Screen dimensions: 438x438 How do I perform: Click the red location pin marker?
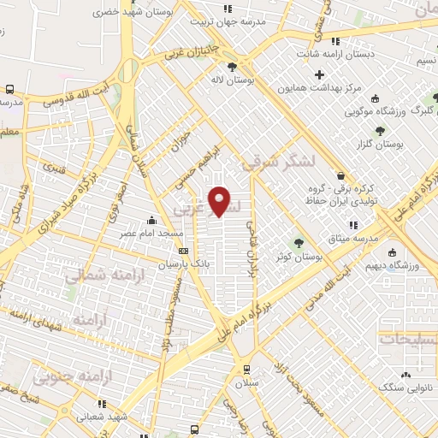click(221, 201)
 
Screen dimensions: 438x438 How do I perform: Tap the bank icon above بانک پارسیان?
click(183, 251)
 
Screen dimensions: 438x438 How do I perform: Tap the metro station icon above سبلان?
click(246, 370)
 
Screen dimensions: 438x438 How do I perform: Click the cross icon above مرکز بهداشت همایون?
click(320, 75)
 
